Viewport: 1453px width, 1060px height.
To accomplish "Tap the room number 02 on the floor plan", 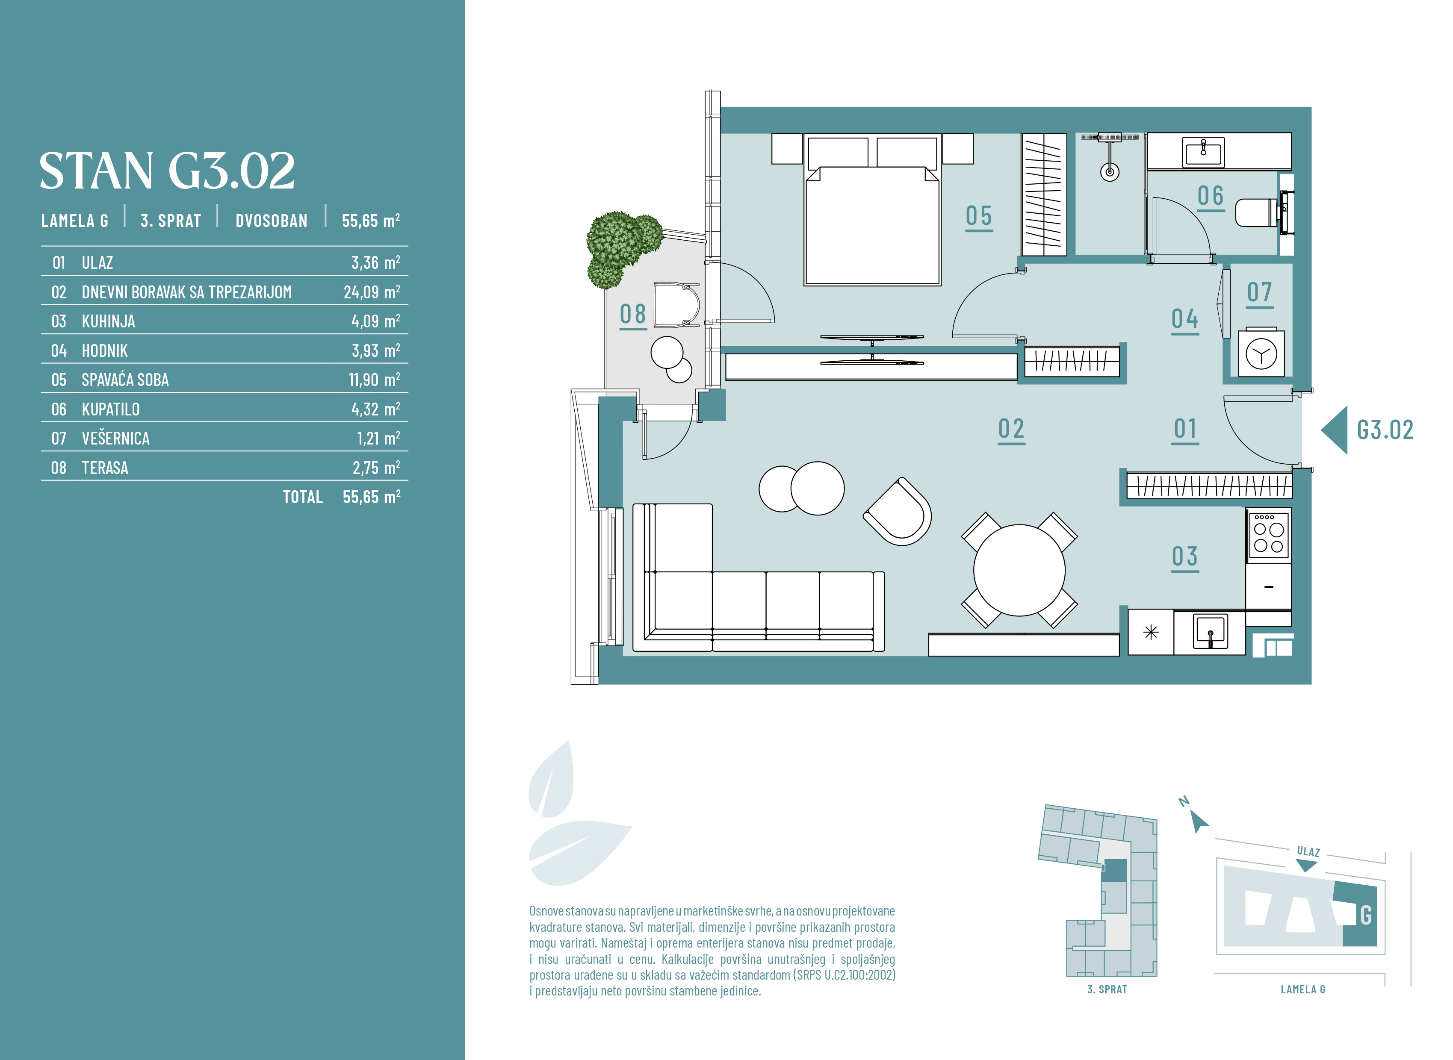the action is tap(1011, 429).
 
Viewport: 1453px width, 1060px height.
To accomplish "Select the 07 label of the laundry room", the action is tap(1259, 293).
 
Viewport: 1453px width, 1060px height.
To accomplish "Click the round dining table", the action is tap(1019, 570).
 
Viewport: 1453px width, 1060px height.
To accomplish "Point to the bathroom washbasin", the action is tap(1203, 152).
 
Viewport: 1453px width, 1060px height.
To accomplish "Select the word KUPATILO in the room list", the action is tap(110, 409).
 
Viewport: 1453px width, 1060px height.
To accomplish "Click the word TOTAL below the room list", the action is tap(303, 497).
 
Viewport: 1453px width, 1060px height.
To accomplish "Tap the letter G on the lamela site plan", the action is tap(1366, 915).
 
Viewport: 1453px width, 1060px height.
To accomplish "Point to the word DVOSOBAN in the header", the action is tap(272, 221).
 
